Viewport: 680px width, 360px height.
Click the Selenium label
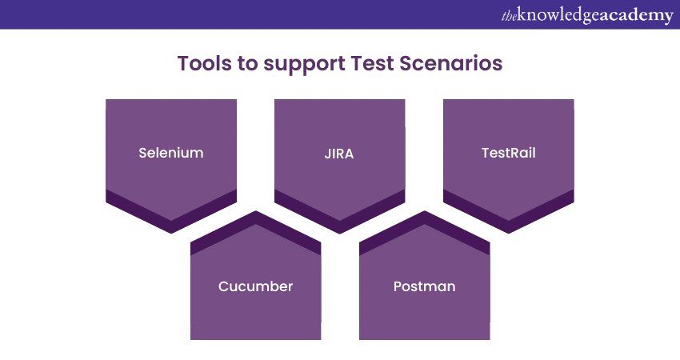coord(171,153)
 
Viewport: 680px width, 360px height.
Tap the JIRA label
coord(339,154)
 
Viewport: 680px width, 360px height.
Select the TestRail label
coord(508,153)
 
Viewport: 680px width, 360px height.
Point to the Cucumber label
coord(255,286)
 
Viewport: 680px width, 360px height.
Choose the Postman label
coord(424,286)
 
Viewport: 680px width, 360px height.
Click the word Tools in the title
coord(205,63)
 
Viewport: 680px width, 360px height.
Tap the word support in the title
coord(304,64)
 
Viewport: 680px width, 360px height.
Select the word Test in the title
coord(373,63)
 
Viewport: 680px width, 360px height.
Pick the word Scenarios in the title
coord(451,63)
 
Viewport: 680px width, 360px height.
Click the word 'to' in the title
coord(248,64)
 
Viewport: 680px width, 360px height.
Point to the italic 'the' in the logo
coord(509,17)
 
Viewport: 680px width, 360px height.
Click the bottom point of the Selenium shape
coord(171,234)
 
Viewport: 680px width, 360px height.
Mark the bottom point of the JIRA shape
coord(340,234)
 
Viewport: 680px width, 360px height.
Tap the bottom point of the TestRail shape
coord(508,234)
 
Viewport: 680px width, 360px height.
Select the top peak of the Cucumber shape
coord(256,211)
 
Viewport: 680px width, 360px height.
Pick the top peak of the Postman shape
coord(425,211)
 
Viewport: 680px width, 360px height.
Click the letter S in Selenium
coord(142,153)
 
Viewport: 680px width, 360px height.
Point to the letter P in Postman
coord(398,286)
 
